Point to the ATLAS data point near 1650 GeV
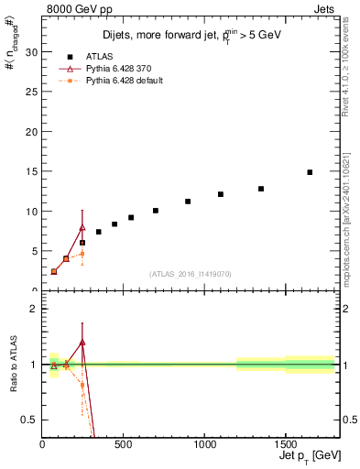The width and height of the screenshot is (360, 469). [x=310, y=172]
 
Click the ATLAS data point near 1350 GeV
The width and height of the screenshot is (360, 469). [x=261, y=189]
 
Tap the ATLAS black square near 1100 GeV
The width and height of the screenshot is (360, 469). [x=221, y=194]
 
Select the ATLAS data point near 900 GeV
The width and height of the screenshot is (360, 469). [x=188, y=202]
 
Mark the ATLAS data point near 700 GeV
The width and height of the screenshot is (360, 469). [x=156, y=211]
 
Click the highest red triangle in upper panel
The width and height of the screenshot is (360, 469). [x=82, y=227]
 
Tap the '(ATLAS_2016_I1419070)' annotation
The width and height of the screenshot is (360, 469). [x=191, y=273]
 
